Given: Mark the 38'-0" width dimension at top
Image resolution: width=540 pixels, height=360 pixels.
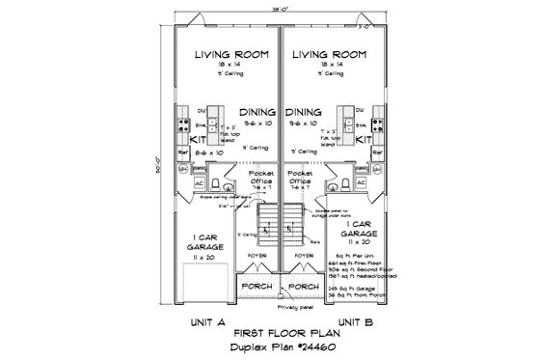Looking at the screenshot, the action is (280, 8).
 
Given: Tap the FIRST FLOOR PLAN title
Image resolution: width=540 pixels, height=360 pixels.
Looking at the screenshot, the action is (280, 330).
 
